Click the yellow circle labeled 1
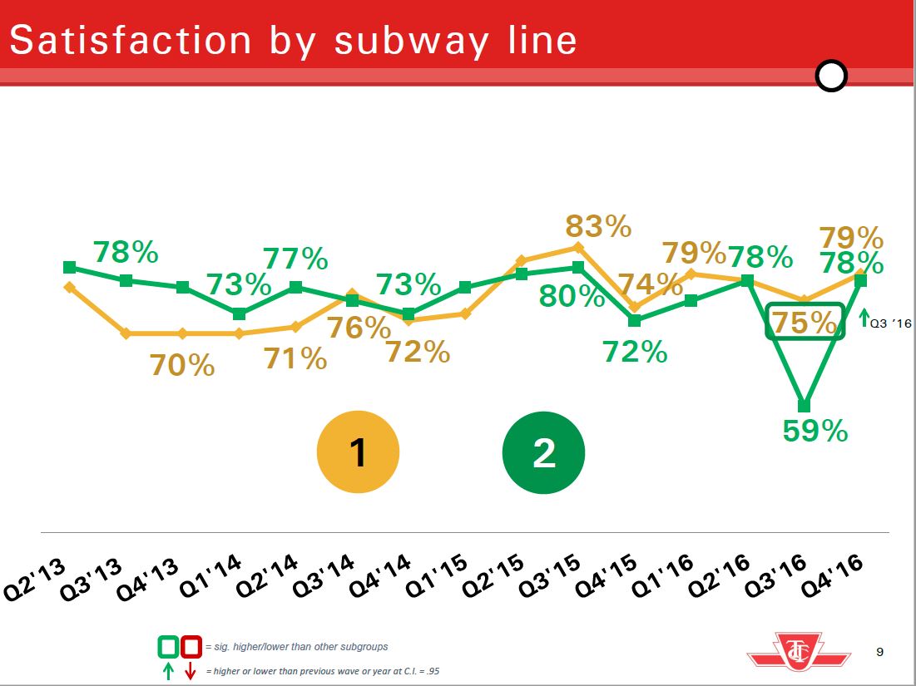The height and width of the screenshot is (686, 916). [x=358, y=453]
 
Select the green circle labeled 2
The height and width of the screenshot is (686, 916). [x=543, y=453]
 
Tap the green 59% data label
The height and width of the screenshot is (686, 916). [x=814, y=431]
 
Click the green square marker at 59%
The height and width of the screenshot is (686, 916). [x=804, y=406]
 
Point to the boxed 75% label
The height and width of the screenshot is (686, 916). [x=805, y=322]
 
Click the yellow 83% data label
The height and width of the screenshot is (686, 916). [x=598, y=226]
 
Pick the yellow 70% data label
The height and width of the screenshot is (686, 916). [x=182, y=365]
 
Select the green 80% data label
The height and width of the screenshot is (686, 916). [x=572, y=296]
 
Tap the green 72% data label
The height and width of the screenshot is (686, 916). [x=636, y=353]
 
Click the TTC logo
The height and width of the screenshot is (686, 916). [x=799, y=650]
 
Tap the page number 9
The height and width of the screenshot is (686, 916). [x=880, y=652]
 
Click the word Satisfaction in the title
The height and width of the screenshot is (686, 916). [x=130, y=40]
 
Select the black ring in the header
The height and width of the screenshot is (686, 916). [x=831, y=76]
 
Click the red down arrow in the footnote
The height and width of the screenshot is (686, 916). [x=190, y=671]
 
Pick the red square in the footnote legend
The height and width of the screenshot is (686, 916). [x=191, y=646]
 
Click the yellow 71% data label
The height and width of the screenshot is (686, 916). [x=295, y=359]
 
